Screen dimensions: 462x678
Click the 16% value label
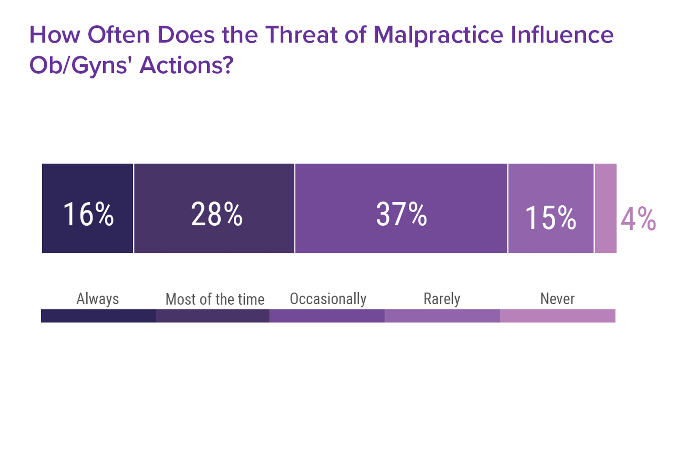[x=88, y=214]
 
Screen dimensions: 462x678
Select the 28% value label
[x=217, y=214]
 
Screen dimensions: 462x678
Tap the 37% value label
[x=402, y=214]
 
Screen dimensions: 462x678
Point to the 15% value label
[x=551, y=218]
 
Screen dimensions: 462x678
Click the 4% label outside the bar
[x=638, y=219]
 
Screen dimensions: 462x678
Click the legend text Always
[x=97, y=299]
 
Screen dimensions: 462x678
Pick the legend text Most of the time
[x=215, y=299]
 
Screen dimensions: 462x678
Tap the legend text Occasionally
[x=328, y=299]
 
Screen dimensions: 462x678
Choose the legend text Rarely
[x=442, y=299]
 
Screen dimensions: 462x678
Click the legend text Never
[x=557, y=299]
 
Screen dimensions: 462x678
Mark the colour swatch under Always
[x=98, y=316]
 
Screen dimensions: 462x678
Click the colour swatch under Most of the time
[x=213, y=316]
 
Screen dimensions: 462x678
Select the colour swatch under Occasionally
[x=327, y=316]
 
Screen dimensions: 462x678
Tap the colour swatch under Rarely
[x=442, y=316]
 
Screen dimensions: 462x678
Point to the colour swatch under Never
[x=558, y=316]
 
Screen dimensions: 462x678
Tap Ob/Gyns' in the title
[x=79, y=66]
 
